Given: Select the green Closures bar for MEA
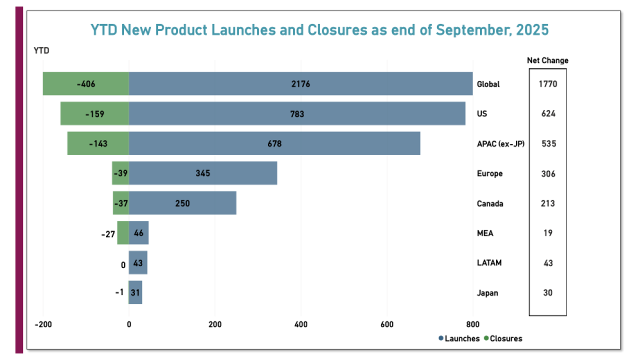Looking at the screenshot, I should pyautogui.click(x=123, y=233).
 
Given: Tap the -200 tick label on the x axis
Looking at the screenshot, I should pyautogui.click(x=43, y=324).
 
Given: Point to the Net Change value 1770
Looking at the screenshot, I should pyautogui.click(x=547, y=84).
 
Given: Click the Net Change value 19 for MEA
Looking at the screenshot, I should pyautogui.click(x=547, y=233).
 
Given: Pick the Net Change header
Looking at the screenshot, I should pyautogui.click(x=547, y=60).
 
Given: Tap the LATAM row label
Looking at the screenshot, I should pyautogui.click(x=489, y=263).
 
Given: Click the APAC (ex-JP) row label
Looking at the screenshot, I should pyautogui.click(x=500, y=144).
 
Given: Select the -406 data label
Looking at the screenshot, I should pyautogui.click(x=86, y=84).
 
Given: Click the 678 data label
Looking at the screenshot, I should pyautogui.click(x=274, y=144).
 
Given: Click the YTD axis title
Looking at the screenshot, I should pyautogui.click(x=41, y=50).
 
